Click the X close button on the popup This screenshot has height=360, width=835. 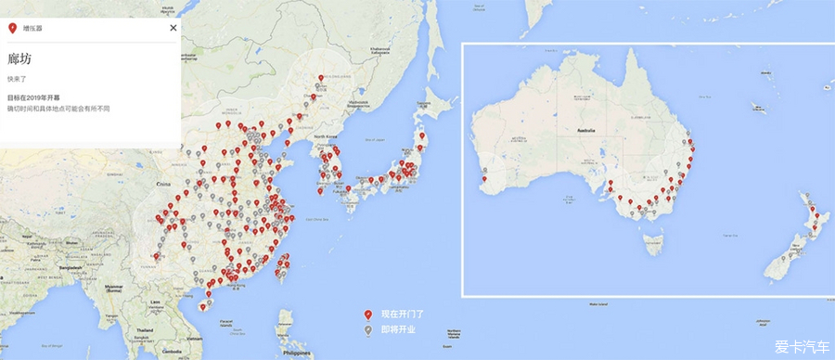tap(173, 28)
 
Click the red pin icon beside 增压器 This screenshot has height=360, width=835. tap(12, 29)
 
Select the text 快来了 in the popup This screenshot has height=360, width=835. tap(17, 80)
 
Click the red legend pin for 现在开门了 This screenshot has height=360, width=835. tap(368, 315)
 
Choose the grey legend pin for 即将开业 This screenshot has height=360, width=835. tap(368, 328)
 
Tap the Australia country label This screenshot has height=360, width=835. tap(585, 131)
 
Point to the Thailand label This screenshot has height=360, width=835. tap(144, 329)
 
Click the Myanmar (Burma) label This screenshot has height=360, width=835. tap(115, 288)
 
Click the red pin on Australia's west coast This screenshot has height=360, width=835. tap(484, 169)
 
